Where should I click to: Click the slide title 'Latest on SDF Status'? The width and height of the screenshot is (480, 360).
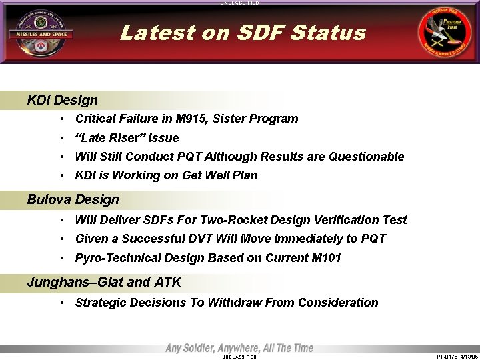[x=243, y=33]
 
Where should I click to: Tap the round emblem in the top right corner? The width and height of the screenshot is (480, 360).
[x=443, y=33]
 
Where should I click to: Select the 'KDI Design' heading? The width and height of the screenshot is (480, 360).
[x=62, y=101]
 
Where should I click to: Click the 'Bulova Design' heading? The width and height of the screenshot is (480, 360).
[x=73, y=199]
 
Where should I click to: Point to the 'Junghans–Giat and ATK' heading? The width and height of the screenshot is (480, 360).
[x=104, y=282]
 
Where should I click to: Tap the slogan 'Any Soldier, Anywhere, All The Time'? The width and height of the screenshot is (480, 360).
[x=239, y=348]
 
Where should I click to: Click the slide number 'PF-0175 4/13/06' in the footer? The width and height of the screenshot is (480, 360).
[x=457, y=357]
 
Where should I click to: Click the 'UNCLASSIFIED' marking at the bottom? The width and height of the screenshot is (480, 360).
[x=239, y=357]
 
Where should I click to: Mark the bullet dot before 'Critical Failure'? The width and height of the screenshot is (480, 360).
[x=61, y=119]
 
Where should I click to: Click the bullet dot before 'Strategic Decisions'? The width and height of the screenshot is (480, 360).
[x=61, y=303]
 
